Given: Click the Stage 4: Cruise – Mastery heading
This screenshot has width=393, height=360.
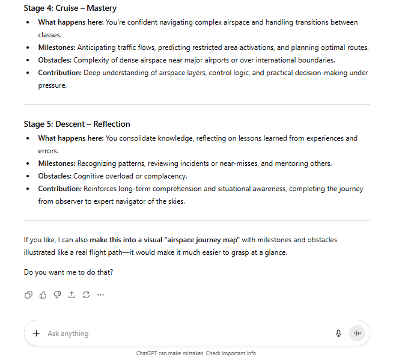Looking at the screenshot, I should click(70, 8).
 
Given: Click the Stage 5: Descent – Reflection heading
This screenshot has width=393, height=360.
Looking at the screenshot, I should click(77, 124).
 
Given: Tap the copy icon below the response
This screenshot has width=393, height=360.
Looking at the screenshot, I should click(28, 294).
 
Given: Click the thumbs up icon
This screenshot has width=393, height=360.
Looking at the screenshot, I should click(43, 294).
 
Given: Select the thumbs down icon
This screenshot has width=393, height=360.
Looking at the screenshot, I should click(57, 294).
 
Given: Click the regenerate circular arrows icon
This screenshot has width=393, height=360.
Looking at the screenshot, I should click(86, 294).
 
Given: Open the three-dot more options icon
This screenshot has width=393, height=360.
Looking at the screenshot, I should click(100, 294).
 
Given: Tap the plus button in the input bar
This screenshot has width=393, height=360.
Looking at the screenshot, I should click(36, 334).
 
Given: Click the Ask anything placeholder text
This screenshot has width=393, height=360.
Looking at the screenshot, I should click(68, 334).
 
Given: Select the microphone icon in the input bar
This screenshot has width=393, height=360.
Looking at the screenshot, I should click(338, 334).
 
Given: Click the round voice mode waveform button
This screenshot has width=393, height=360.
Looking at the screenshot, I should click(357, 334).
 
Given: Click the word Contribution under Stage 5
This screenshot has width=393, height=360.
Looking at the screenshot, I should click(59, 189).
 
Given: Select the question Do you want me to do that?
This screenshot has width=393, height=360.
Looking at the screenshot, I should click(69, 272).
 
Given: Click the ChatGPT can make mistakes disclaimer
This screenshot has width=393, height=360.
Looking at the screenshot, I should click(196, 353).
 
